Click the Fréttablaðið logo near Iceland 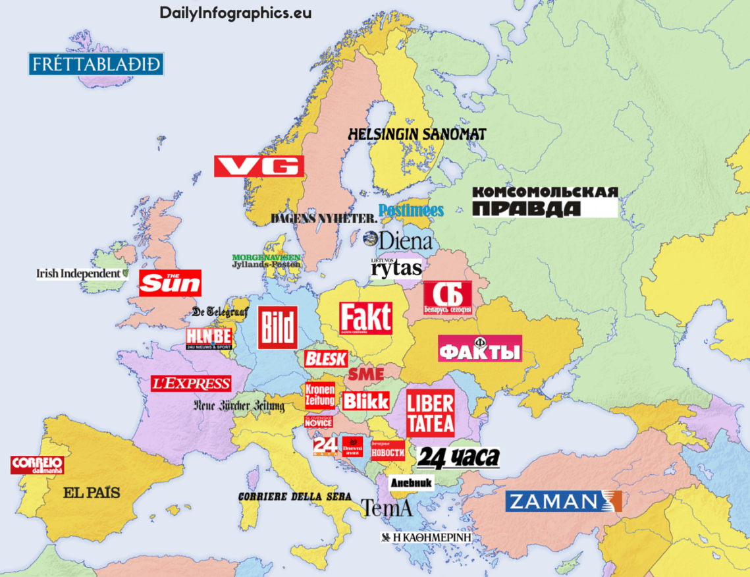[95, 65]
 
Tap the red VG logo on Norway [259, 166]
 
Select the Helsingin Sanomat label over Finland [417, 134]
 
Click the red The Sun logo [170, 283]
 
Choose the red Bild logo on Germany [277, 327]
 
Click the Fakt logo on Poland [365, 318]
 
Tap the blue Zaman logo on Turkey [563, 502]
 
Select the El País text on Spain [92, 492]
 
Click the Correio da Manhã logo [37, 465]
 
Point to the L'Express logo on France [191, 383]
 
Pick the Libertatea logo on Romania [430, 413]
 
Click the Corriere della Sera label [294, 496]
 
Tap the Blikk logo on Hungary [365, 401]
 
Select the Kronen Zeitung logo [319, 396]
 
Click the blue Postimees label [412, 210]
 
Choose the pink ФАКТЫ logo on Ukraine [480, 348]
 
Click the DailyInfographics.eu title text [236, 13]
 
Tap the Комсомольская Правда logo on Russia [545, 201]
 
